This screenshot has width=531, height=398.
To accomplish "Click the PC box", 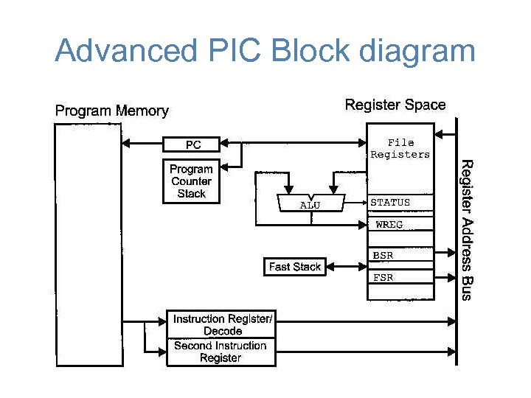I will [192, 144].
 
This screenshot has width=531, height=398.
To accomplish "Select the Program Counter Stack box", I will [192, 181].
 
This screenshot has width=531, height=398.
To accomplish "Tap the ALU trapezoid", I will [310, 204].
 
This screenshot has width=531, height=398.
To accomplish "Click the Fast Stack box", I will [294, 267].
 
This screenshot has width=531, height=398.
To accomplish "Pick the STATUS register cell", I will [399, 203].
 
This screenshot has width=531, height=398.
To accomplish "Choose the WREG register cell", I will [399, 225].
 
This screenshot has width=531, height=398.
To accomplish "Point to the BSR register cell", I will [399, 256].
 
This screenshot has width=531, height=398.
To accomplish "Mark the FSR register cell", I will [399, 278].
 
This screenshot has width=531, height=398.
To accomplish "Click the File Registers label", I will [400, 149].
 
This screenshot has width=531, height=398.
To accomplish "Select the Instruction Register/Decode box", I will [221, 325].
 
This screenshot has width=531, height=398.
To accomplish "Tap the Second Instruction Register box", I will [221, 352].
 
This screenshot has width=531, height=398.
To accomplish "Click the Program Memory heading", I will [112, 111].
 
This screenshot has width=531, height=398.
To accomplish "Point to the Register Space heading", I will [395, 105].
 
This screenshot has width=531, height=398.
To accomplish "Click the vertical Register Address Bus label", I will [466, 229].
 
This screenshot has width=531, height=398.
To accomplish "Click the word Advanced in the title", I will [122, 52].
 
